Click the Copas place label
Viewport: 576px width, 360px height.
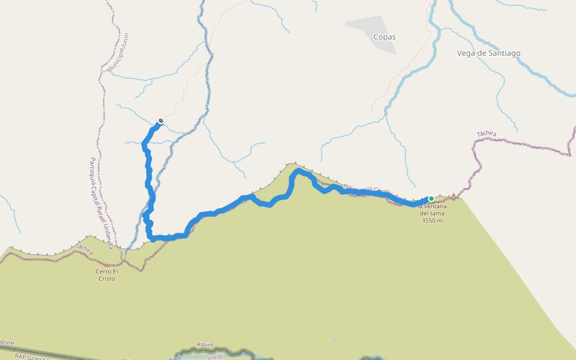(385, 37)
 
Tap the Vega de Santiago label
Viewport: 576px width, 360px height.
(488, 53)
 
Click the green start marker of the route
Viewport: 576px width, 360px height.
(431, 199)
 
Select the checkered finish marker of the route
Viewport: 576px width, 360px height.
(160, 122)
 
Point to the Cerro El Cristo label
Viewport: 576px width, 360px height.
(106, 275)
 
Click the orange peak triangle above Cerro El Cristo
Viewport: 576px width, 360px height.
(107, 265)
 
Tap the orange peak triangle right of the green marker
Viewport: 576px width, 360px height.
(454, 195)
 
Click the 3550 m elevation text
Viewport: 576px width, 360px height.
(432, 220)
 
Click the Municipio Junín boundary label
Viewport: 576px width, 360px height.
(118, 53)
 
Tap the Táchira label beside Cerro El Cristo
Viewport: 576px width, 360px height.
(84, 250)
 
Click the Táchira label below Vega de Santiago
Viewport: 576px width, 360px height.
(487, 134)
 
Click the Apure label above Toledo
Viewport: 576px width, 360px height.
(205, 345)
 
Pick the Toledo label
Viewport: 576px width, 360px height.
(213, 356)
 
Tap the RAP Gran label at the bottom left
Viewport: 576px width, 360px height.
(27, 356)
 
